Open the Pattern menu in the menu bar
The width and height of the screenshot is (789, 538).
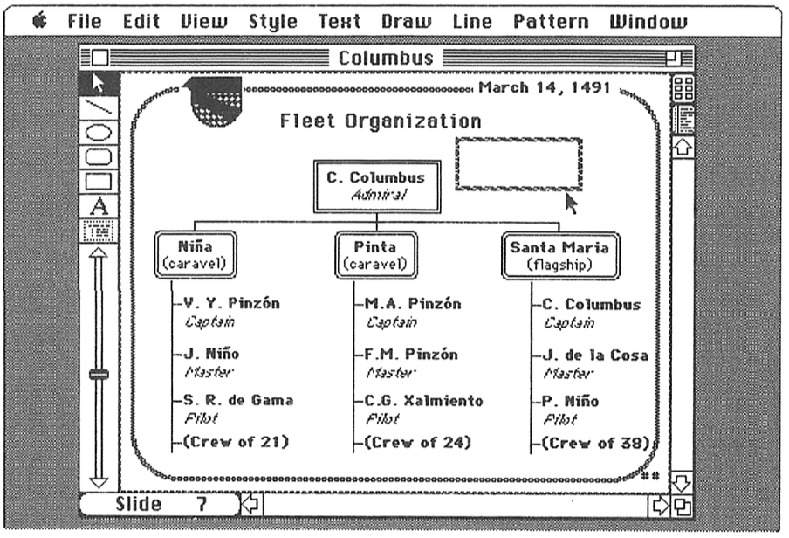[x=551, y=22]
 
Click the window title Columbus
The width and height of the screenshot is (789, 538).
[x=385, y=59]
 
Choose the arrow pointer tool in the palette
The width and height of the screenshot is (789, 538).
[x=99, y=85]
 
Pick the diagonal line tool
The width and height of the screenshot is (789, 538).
[x=99, y=109]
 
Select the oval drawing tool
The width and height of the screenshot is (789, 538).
[x=99, y=134]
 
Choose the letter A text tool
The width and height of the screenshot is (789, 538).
[x=99, y=207]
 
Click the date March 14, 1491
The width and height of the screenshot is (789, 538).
[x=544, y=88]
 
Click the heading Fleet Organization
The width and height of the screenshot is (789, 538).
[x=381, y=121]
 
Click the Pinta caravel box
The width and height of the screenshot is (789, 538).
[x=375, y=254]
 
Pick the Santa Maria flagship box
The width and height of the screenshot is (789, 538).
[x=560, y=254]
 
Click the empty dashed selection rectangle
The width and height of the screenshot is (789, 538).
[x=518, y=163]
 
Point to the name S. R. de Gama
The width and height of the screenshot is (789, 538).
[x=238, y=400]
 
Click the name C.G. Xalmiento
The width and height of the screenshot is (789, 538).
[x=423, y=400]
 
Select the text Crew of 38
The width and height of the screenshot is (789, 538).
[x=595, y=443]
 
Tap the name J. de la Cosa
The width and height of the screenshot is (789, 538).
[x=595, y=355]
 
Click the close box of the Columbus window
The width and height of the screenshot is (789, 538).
[x=100, y=59]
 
